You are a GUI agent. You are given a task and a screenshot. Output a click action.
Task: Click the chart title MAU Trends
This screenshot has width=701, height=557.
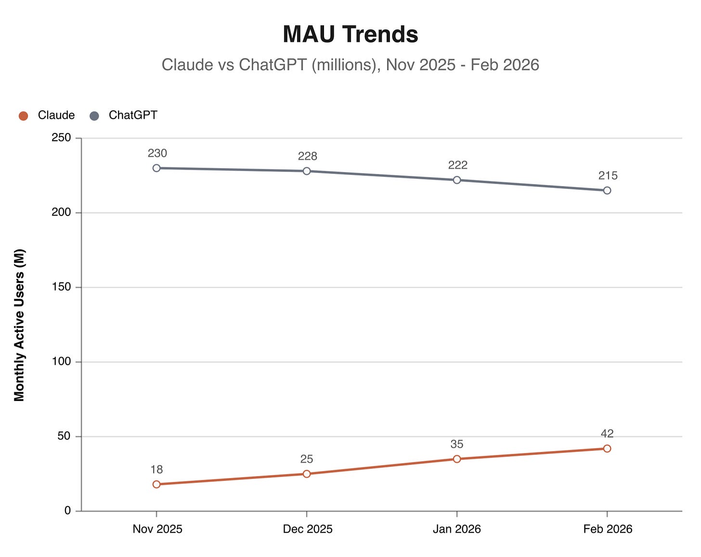[x=350, y=34]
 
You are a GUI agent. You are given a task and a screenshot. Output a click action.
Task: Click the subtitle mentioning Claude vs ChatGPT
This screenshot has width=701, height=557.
[x=350, y=65]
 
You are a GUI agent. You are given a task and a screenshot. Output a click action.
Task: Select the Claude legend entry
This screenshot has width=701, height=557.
[x=47, y=115]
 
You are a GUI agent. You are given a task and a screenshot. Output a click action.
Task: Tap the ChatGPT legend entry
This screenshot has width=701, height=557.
[x=124, y=115]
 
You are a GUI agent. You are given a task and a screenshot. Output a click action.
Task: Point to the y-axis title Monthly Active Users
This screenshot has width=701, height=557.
[x=19, y=325]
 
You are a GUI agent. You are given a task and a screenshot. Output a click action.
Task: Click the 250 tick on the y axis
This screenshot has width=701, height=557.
[x=61, y=138]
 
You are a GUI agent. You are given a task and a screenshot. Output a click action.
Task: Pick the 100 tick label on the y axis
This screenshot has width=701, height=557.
[x=61, y=361]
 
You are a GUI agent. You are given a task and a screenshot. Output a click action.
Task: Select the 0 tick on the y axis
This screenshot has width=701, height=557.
[x=67, y=511]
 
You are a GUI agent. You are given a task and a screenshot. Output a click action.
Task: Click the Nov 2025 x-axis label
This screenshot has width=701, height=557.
[x=157, y=529]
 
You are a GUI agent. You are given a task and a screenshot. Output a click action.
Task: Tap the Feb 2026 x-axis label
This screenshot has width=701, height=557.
[x=608, y=529]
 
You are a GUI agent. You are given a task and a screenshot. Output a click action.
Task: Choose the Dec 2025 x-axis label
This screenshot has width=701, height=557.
[x=307, y=529]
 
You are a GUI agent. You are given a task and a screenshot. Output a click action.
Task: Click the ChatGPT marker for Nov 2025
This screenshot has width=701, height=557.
[x=156, y=168]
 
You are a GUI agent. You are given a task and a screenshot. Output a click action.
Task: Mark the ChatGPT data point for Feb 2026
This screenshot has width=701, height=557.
[x=607, y=190]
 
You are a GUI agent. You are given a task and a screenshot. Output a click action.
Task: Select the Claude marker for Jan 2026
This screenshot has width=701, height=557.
[x=457, y=459]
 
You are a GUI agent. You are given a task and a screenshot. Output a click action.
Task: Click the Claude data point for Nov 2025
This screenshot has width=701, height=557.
[x=156, y=484]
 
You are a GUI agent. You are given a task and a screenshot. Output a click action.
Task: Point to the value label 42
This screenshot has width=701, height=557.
[x=607, y=434]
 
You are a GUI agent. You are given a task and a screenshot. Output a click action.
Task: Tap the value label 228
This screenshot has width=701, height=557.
[x=307, y=156]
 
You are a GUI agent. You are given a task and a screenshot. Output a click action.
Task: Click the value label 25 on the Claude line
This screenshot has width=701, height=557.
[x=307, y=459]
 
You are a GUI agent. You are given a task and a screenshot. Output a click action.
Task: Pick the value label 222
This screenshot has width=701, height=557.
[x=457, y=165]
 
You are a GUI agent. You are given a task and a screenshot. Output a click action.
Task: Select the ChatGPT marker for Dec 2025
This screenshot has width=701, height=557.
[x=307, y=171]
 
